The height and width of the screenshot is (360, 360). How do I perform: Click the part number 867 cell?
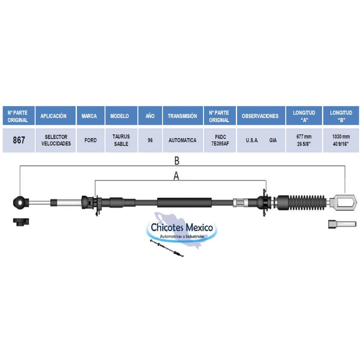[x=19, y=140]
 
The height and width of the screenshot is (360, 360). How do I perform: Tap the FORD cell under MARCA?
[x=90, y=140]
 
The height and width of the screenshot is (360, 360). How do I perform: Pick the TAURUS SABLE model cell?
[x=121, y=140]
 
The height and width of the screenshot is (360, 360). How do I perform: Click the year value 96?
[x=150, y=140]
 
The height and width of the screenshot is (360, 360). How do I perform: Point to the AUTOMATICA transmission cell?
[x=182, y=140]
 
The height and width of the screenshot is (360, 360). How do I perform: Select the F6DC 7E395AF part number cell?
[x=220, y=140]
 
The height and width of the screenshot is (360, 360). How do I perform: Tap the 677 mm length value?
[x=304, y=137]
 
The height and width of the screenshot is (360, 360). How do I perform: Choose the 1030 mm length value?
[x=341, y=137]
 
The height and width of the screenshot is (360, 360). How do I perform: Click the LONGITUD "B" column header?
[x=341, y=116]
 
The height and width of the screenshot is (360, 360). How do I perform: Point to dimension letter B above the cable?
[x=176, y=161]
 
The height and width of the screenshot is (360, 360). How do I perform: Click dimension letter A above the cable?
[x=176, y=176]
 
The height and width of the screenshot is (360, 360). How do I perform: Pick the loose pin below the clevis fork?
[x=342, y=224]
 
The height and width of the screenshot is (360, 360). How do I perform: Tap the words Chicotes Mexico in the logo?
[x=182, y=227]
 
